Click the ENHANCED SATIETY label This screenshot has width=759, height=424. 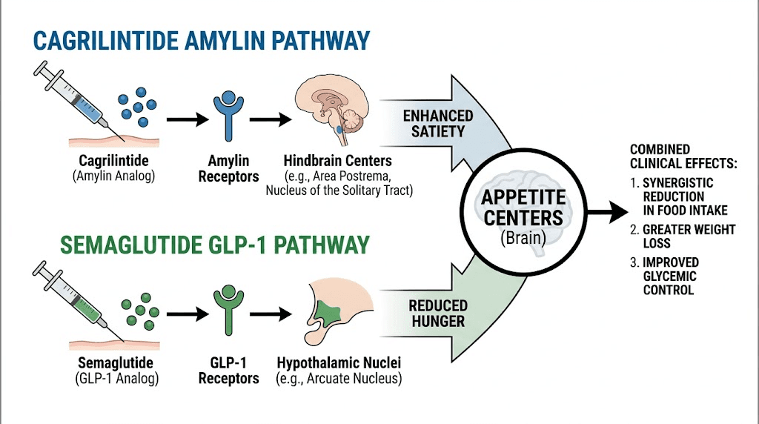click(438, 123)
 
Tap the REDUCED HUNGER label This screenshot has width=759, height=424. click(438, 313)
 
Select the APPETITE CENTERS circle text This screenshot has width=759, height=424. click(523, 208)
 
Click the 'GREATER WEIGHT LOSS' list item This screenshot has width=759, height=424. click(686, 236)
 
